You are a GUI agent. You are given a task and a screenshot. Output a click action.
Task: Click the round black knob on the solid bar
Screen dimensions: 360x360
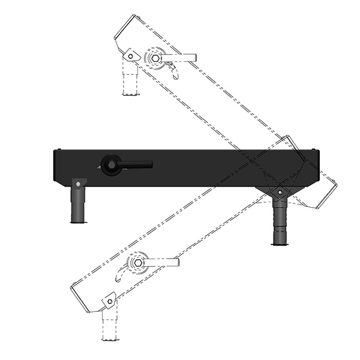[x=110, y=165]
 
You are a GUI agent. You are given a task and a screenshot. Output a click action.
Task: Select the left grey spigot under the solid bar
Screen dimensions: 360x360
[x=78, y=204]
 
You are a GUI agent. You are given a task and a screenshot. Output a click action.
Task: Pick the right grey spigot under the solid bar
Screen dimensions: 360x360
[x=279, y=222]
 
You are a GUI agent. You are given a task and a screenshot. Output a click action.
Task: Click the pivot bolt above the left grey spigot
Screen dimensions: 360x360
[x=78, y=183]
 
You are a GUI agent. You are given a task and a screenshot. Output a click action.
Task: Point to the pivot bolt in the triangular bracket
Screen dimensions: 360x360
[x=279, y=192]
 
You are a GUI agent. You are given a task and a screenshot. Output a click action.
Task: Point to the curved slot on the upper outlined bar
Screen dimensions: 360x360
[x=174, y=73]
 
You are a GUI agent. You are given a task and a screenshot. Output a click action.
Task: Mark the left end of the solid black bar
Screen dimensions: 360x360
[x=56, y=168]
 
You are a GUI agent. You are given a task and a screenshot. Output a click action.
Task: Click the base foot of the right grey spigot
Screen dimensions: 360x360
[x=279, y=242]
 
